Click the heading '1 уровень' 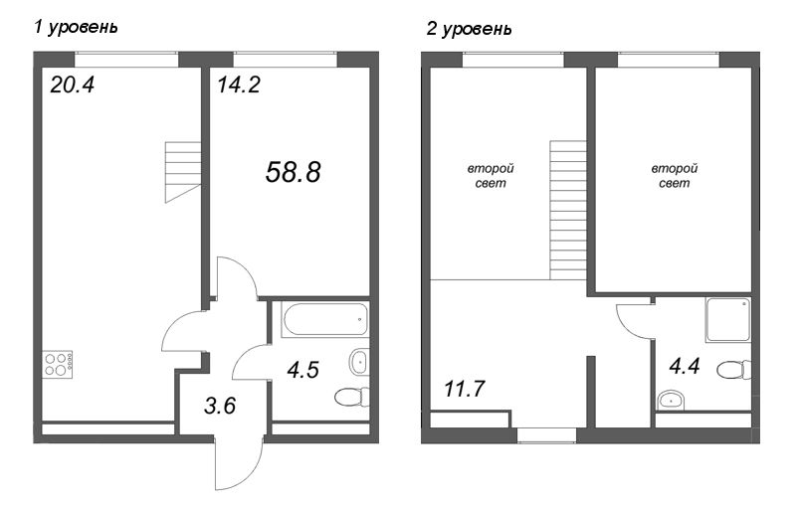click(x=76, y=27)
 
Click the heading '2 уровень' click(x=469, y=29)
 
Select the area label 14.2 click(x=238, y=85)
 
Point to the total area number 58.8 click(x=293, y=172)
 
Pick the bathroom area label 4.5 click(x=303, y=370)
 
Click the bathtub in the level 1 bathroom click(x=324, y=320)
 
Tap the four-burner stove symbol click(x=58, y=365)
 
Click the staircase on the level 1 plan click(x=183, y=170)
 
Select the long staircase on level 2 click(x=568, y=210)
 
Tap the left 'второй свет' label click(x=489, y=177)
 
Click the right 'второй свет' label click(x=674, y=177)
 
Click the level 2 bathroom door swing click(x=633, y=318)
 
